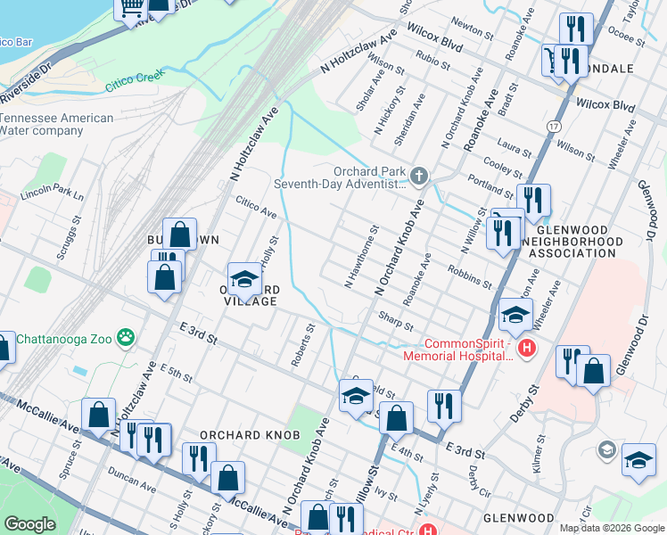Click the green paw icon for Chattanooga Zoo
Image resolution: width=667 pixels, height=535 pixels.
128,337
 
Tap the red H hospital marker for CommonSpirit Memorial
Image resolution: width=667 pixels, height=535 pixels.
527,347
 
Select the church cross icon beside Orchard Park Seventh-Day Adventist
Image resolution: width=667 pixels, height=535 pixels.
418,174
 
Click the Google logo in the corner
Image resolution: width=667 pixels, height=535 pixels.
29,524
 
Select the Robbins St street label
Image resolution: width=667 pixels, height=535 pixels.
470,277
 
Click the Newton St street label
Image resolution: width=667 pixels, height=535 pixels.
473,32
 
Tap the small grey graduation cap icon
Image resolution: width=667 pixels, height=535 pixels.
607,448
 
